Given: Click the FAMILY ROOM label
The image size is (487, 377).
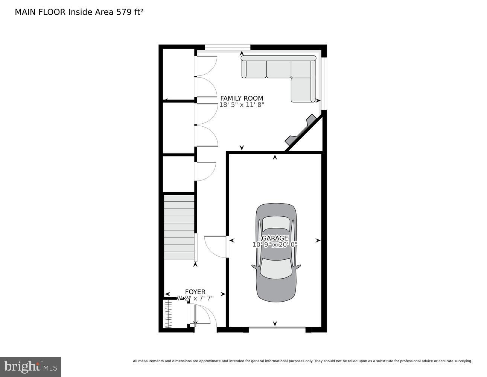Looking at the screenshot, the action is (x=242, y=98).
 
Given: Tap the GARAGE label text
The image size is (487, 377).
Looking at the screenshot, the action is (x=275, y=238).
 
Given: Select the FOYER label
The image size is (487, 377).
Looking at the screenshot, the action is (x=195, y=292).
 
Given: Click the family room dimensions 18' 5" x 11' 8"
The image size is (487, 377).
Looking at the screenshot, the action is (x=242, y=105).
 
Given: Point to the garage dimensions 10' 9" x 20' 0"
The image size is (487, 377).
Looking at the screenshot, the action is (x=275, y=244).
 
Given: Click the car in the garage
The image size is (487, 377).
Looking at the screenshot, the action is (x=276, y=253).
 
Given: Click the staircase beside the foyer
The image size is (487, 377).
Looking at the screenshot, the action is (x=179, y=227).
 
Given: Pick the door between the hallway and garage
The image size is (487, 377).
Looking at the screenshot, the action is (x=215, y=247).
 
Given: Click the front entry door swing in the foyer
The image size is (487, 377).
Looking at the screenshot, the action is (x=203, y=315).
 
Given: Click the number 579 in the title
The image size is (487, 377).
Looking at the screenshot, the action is (x=123, y=12).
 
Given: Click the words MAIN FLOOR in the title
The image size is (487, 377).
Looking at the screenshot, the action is (x=40, y=12).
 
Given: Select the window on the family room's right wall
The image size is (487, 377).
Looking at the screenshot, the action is (x=324, y=83).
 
